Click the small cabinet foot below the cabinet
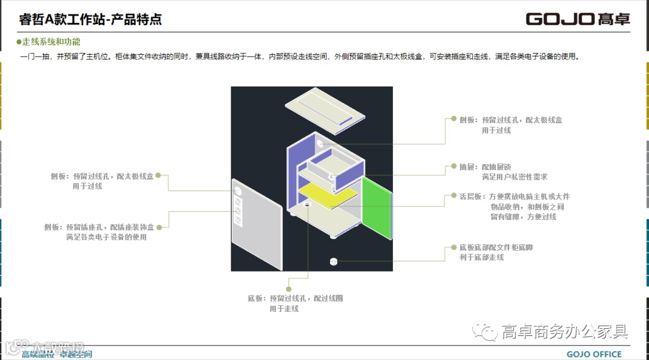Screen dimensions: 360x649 [x=334, y=261]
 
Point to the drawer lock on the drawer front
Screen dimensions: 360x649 [x=332, y=176]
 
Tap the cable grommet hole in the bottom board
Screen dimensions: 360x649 [x=307, y=206]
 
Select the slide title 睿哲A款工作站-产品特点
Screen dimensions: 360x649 [x=91, y=19]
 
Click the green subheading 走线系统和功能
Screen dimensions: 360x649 [x=51, y=42]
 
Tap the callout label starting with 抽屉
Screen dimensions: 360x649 [x=502, y=172]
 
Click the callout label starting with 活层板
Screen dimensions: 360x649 [x=514, y=206]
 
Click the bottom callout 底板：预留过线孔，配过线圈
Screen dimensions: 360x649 [x=295, y=303]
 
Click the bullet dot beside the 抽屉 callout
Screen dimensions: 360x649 [x=454, y=167]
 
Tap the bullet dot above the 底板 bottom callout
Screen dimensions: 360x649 [x=288, y=280]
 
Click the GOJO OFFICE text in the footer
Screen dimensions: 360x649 [x=594, y=354]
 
